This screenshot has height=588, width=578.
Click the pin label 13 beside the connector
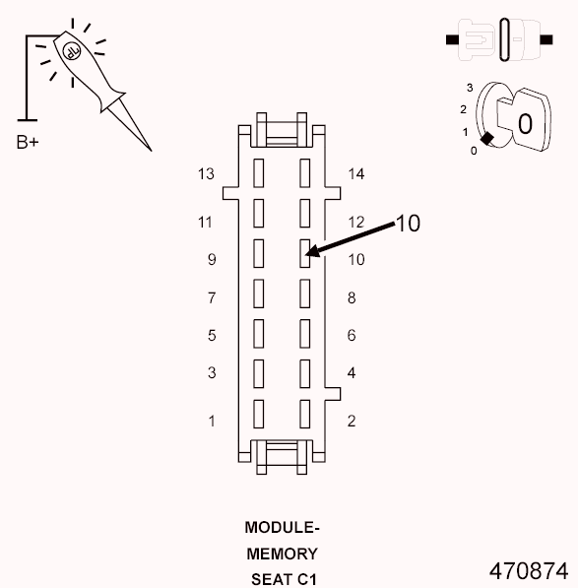point(206,174)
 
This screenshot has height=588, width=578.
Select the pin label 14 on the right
point(356,174)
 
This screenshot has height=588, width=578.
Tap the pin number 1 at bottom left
point(211,422)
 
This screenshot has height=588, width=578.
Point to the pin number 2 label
point(352,422)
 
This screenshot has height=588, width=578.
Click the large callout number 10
point(408,225)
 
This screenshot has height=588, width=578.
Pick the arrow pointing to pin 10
point(351,241)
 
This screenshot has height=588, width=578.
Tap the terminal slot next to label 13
point(259,173)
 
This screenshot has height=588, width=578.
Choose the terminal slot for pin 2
point(305,414)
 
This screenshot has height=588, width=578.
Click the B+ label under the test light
point(28,142)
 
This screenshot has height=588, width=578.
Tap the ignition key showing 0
point(524,123)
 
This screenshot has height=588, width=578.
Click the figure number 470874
point(528,570)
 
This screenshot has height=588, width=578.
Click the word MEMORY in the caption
point(282,554)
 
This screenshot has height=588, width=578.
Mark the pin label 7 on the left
point(211,297)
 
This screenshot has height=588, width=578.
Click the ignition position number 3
point(470,89)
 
